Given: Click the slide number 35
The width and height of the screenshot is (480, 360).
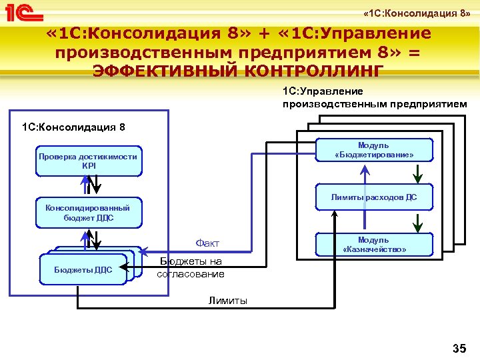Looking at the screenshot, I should point(459,348).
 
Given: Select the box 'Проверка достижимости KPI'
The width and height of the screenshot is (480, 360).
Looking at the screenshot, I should point(88,161).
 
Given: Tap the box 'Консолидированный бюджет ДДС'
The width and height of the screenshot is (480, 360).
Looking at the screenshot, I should point(88,212).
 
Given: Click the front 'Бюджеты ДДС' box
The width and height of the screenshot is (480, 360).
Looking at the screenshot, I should point(84,270).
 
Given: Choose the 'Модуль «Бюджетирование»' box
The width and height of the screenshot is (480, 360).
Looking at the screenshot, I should point(373,150).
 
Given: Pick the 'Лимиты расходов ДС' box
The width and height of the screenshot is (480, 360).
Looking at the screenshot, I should point(373,197).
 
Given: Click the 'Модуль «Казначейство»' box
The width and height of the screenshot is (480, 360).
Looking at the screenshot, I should point(373,245).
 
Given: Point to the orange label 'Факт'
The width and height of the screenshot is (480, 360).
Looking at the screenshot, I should point(207,243).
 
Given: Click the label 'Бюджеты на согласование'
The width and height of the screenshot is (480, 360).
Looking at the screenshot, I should point(191,268).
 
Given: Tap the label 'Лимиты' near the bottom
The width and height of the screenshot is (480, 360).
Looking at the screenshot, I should point(227,301).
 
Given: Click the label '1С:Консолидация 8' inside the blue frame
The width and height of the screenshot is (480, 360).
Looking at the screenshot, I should point(73,127).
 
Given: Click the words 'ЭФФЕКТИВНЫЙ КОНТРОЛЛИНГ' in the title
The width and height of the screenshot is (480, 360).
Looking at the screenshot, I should point(239,70).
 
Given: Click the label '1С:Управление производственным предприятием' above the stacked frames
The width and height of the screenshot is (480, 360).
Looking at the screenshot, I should point(374,97).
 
